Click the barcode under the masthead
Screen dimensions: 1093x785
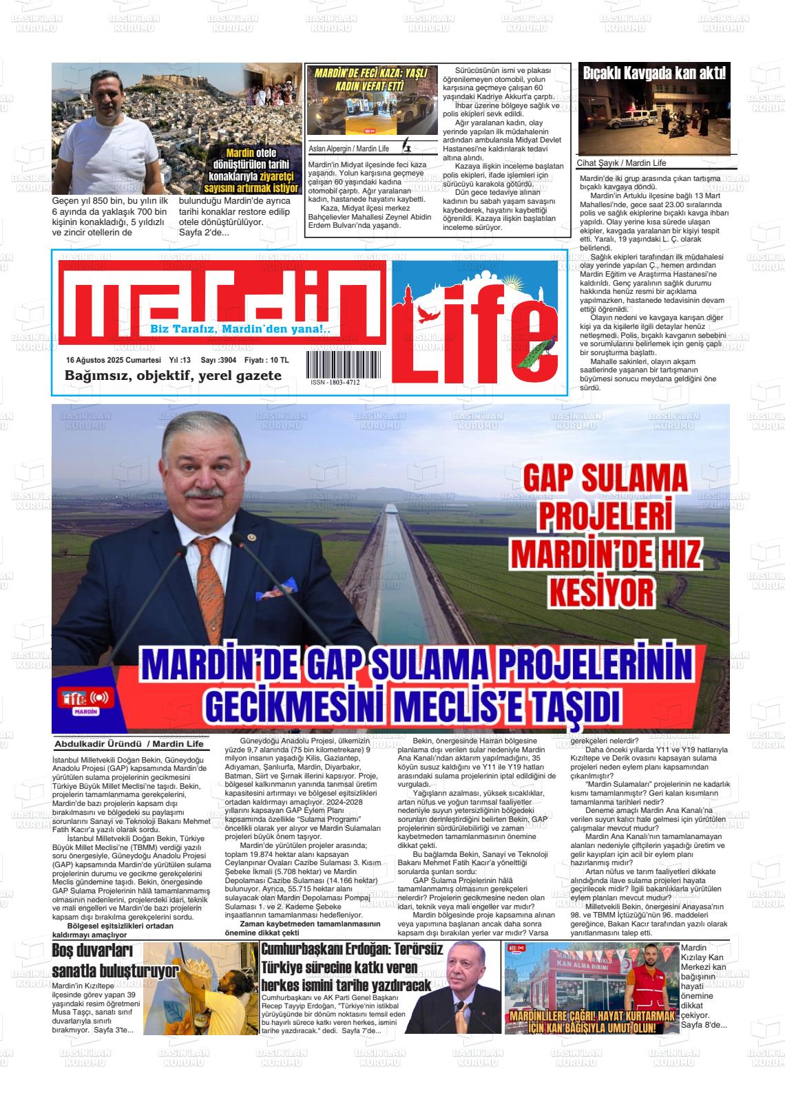(x=333, y=364)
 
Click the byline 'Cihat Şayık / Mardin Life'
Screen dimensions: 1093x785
(x=621, y=163)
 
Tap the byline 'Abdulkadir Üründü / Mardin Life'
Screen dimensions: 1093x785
(x=128, y=744)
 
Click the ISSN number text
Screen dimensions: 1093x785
(x=335, y=383)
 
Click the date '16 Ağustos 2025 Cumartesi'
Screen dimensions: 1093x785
(x=113, y=360)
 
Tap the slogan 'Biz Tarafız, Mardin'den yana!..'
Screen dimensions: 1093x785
(x=240, y=330)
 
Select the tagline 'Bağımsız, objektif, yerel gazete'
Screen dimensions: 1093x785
(x=173, y=376)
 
